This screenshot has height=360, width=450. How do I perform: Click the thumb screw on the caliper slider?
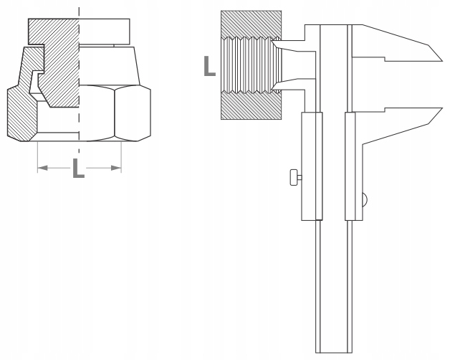(x=295, y=176)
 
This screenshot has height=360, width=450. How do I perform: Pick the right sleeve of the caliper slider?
(x=354, y=165)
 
